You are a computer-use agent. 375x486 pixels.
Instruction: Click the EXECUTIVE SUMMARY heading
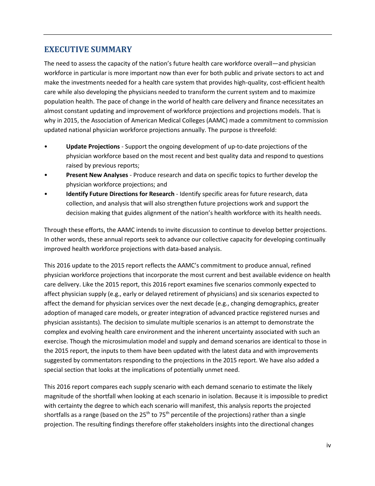click(88, 49)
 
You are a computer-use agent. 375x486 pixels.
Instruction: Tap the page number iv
click(328, 445)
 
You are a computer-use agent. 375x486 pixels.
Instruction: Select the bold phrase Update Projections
click(93, 147)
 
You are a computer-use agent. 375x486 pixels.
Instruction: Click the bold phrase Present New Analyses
click(97, 175)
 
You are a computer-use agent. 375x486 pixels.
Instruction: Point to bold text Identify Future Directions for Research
click(120, 194)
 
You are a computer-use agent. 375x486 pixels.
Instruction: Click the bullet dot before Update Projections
click(46, 147)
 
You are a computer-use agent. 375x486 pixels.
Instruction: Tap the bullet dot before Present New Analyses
click(46, 175)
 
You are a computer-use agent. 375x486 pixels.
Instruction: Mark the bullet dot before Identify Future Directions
click(46, 194)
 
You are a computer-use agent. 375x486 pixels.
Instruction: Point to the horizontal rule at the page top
click(187, 34)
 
